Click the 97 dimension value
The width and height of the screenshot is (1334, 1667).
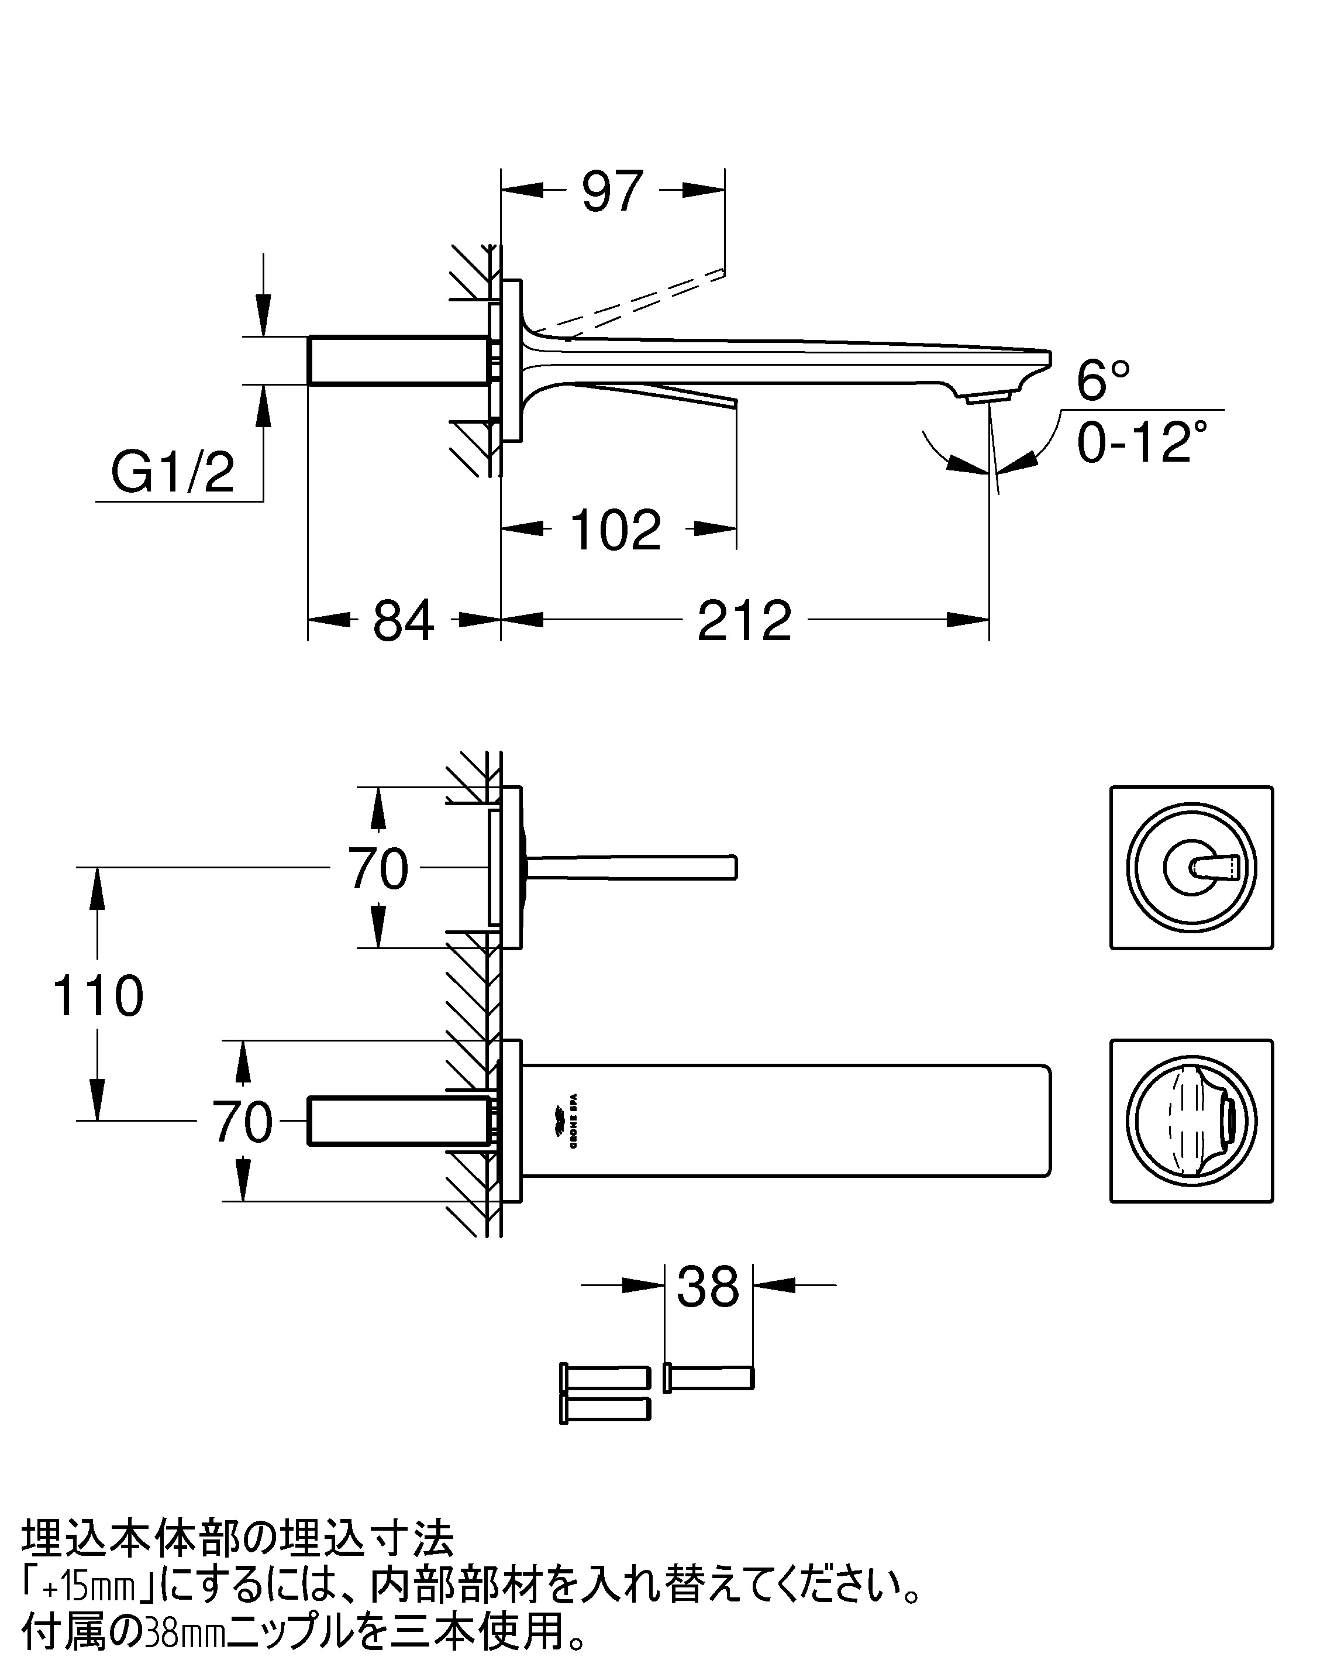612,192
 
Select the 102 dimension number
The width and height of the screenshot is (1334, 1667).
616,530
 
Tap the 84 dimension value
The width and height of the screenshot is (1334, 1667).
404,620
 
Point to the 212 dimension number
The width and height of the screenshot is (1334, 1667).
744,620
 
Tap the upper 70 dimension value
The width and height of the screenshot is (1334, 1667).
378,868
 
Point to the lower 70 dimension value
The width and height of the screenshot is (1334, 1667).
243,1122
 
